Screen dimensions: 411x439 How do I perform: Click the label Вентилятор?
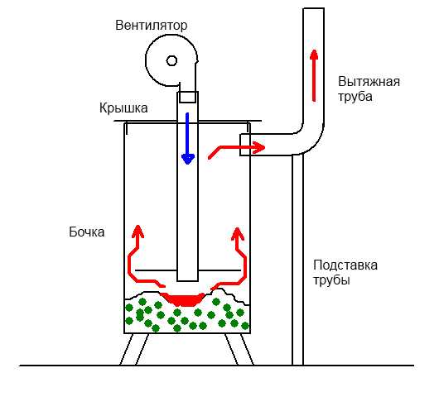(x=151, y=25)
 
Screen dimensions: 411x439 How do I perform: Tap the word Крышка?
(x=123, y=108)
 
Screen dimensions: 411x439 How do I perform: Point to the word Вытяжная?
(x=369, y=81)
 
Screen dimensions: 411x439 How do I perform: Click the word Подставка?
(x=345, y=265)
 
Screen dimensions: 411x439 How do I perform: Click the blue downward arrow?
(x=188, y=136)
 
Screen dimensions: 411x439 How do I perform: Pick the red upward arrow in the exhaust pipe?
(x=314, y=74)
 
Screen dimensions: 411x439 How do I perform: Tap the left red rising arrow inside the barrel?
(x=134, y=252)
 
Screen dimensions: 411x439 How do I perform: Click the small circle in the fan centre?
(x=171, y=60)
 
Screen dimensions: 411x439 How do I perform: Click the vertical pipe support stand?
(x=297, y=265)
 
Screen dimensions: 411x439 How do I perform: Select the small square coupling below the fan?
(x=188, y=97)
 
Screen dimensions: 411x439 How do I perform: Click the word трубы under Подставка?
(x=331, y=280)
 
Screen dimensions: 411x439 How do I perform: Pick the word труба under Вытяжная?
(x=356, y=97)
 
